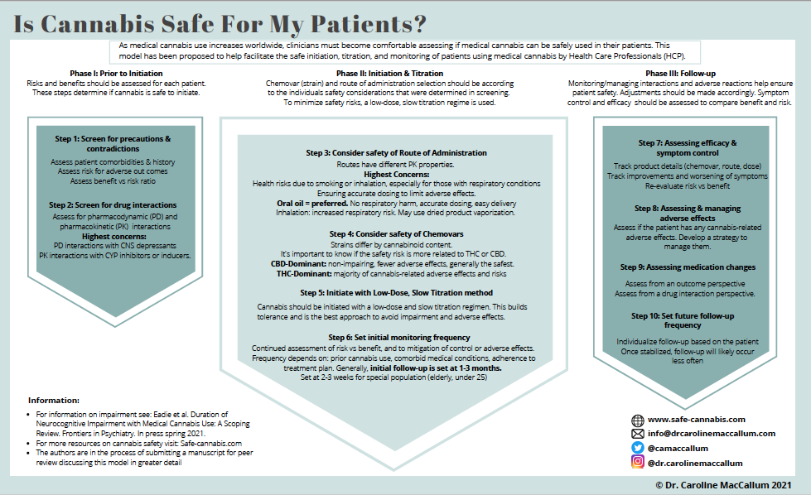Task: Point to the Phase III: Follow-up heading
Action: tap(681, 74)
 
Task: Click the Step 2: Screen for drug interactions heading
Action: tap(112, 204)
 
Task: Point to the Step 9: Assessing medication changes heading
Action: tap(688, 267)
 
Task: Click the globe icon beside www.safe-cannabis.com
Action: tap(638, 420)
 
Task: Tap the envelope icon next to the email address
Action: tap(638, 433)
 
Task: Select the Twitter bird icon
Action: tap(638, 447)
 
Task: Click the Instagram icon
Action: tap(638, 462)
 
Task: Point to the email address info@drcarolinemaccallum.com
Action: tap(712, 433)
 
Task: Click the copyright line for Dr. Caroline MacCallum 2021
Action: tap(722, 486)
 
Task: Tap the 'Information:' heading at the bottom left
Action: tap(54, 401)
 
